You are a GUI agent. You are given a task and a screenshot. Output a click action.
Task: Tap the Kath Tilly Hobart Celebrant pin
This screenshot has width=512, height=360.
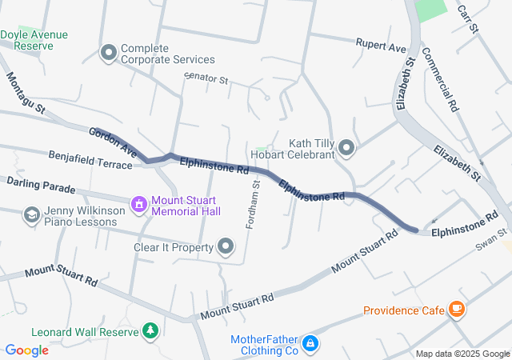346,147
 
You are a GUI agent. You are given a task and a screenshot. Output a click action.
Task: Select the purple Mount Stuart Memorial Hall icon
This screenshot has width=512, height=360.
140,204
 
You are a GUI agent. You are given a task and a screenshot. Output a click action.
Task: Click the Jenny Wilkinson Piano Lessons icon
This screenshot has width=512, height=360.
31,215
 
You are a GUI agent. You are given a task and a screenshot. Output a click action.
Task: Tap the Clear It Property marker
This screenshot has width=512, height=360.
226,247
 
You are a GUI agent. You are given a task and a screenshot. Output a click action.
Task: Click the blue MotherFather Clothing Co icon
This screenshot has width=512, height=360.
310,345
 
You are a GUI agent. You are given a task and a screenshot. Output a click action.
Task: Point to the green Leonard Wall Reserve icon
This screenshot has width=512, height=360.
150,331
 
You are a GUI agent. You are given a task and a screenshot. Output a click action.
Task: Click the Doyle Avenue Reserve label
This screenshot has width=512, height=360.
34,40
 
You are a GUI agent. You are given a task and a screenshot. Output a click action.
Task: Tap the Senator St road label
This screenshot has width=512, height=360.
206,80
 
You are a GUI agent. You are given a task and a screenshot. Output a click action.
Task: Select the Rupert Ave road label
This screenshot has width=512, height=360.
382,47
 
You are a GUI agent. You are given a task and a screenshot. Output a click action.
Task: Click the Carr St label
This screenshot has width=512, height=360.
466,18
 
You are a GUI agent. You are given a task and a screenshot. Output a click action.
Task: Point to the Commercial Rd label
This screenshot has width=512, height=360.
440,79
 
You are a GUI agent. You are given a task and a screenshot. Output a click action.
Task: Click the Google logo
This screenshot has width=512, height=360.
26,350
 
